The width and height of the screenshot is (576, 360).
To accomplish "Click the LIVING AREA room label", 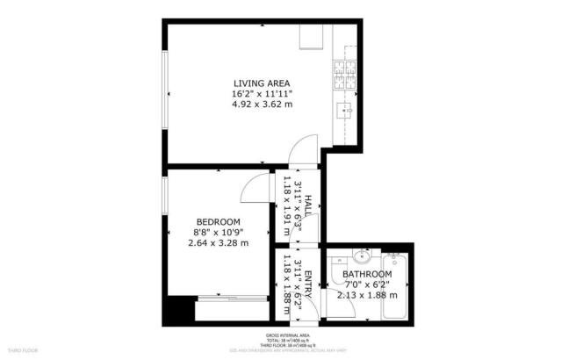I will [x=262, y=83].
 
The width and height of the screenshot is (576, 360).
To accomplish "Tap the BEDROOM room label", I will [x=218, y=221].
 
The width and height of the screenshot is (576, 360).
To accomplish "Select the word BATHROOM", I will [x=367, y=274].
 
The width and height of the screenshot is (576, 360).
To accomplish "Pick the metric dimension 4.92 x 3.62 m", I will [x=262, y=104].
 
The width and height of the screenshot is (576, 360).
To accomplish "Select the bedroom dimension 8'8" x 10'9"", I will [x=218, y=232].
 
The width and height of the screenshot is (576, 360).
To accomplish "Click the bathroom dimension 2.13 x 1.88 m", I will [x=367, y=295].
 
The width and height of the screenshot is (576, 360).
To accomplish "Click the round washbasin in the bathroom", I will [x=362, y=256].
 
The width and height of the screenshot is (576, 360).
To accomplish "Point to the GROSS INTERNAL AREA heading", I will [x=287, y=335].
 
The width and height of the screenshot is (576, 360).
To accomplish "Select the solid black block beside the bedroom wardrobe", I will [x=182, y=310].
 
